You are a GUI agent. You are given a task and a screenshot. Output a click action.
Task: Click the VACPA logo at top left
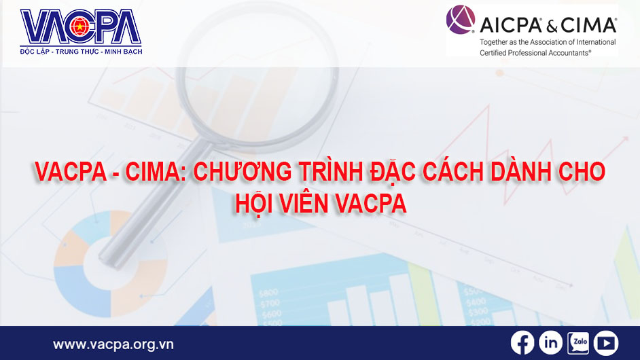coord(80,28)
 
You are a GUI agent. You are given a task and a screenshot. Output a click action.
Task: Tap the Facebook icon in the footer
coord(522,343)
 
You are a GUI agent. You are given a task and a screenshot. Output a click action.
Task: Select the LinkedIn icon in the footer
coord(550,343)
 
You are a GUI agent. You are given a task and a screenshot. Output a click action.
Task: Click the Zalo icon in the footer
coord(578,343)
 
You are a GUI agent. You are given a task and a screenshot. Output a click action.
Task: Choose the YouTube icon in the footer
coord(605,343)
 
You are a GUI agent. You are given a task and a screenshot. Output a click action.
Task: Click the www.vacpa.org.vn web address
coord(113,344)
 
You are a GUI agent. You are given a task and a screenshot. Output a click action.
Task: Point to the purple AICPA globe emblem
coord(461,20)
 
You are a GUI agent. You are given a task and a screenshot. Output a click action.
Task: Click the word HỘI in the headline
coord(254,202)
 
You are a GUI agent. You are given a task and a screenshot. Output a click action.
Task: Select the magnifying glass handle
coord(126,224)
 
